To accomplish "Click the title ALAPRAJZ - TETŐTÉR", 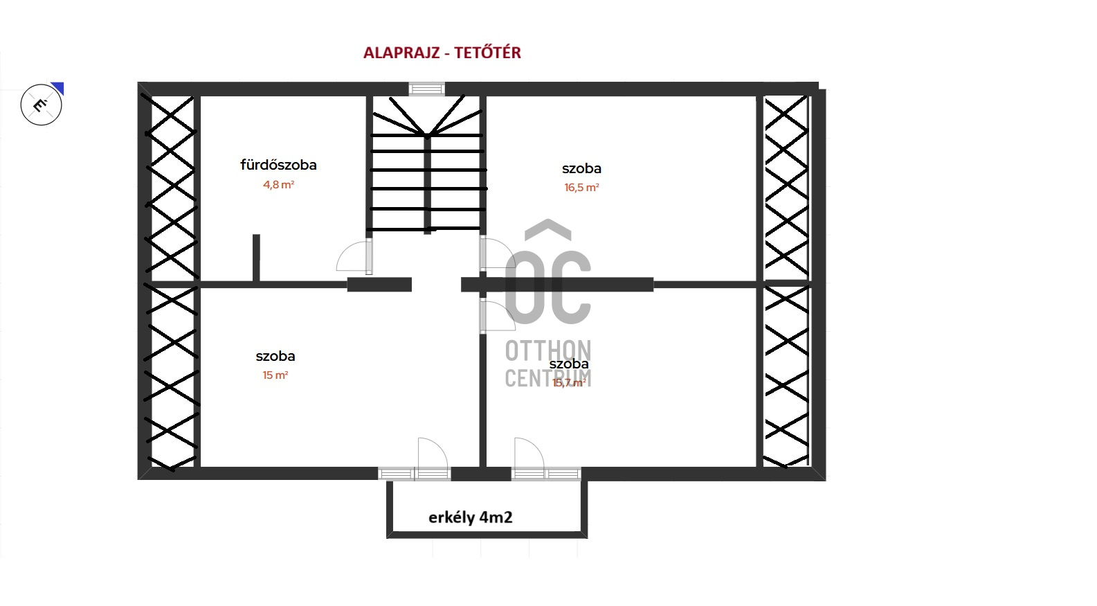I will coord(442,53).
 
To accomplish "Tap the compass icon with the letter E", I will coord(42,105).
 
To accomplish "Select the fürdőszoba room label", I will coord(278,165).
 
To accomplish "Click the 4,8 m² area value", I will coord(278,185).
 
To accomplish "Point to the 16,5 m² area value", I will coord(581,188).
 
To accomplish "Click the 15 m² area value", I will coord(275,375).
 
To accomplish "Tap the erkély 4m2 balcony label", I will coord(471,517).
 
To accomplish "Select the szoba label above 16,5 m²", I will coord(581,168).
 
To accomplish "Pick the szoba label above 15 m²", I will coord(275,356).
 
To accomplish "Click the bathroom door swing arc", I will coord(355,256).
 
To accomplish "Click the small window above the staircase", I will coord(426,89).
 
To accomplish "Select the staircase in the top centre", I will coord(427,166).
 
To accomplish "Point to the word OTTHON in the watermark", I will coord(547,351).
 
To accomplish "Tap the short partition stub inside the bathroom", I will coord(256,258).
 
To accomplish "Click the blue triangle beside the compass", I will coord(58,87).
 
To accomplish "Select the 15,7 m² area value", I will coord(569,383).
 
